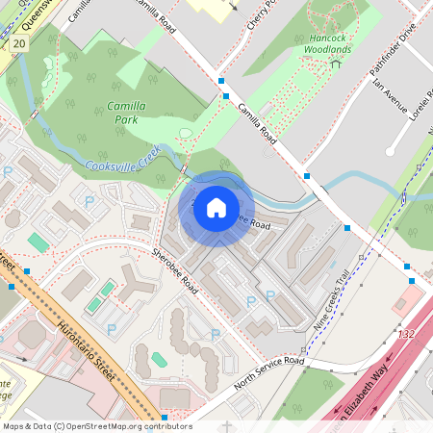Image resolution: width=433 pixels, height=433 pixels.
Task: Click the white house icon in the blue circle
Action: pos(216,207)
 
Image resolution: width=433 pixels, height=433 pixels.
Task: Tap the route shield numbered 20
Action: pos(20,44)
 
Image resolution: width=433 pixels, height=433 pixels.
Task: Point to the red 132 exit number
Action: pos(407,334)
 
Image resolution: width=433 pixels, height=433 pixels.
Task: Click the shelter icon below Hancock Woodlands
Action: pos(335,64)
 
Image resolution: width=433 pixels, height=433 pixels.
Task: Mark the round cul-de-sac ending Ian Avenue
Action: pos(392,149)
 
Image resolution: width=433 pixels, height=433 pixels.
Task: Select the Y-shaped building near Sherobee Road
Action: pos(137,283)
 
